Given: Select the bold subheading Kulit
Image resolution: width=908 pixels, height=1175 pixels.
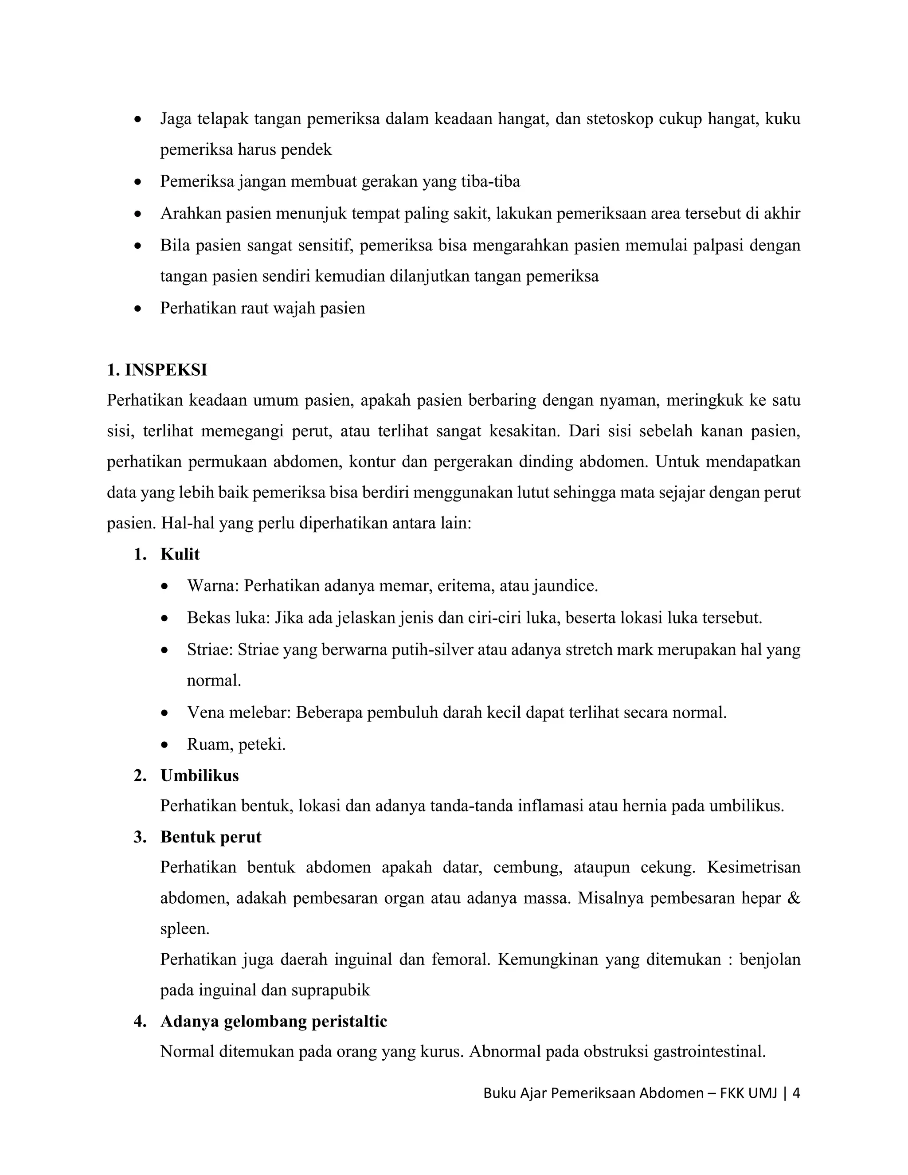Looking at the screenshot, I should [180, 555].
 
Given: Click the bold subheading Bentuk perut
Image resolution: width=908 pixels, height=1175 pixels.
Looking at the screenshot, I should [211, 837].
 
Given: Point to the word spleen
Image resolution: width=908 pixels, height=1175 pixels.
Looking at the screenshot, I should [184, 929].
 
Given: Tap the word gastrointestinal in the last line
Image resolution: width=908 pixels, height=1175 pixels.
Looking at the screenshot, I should [709, 1052].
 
